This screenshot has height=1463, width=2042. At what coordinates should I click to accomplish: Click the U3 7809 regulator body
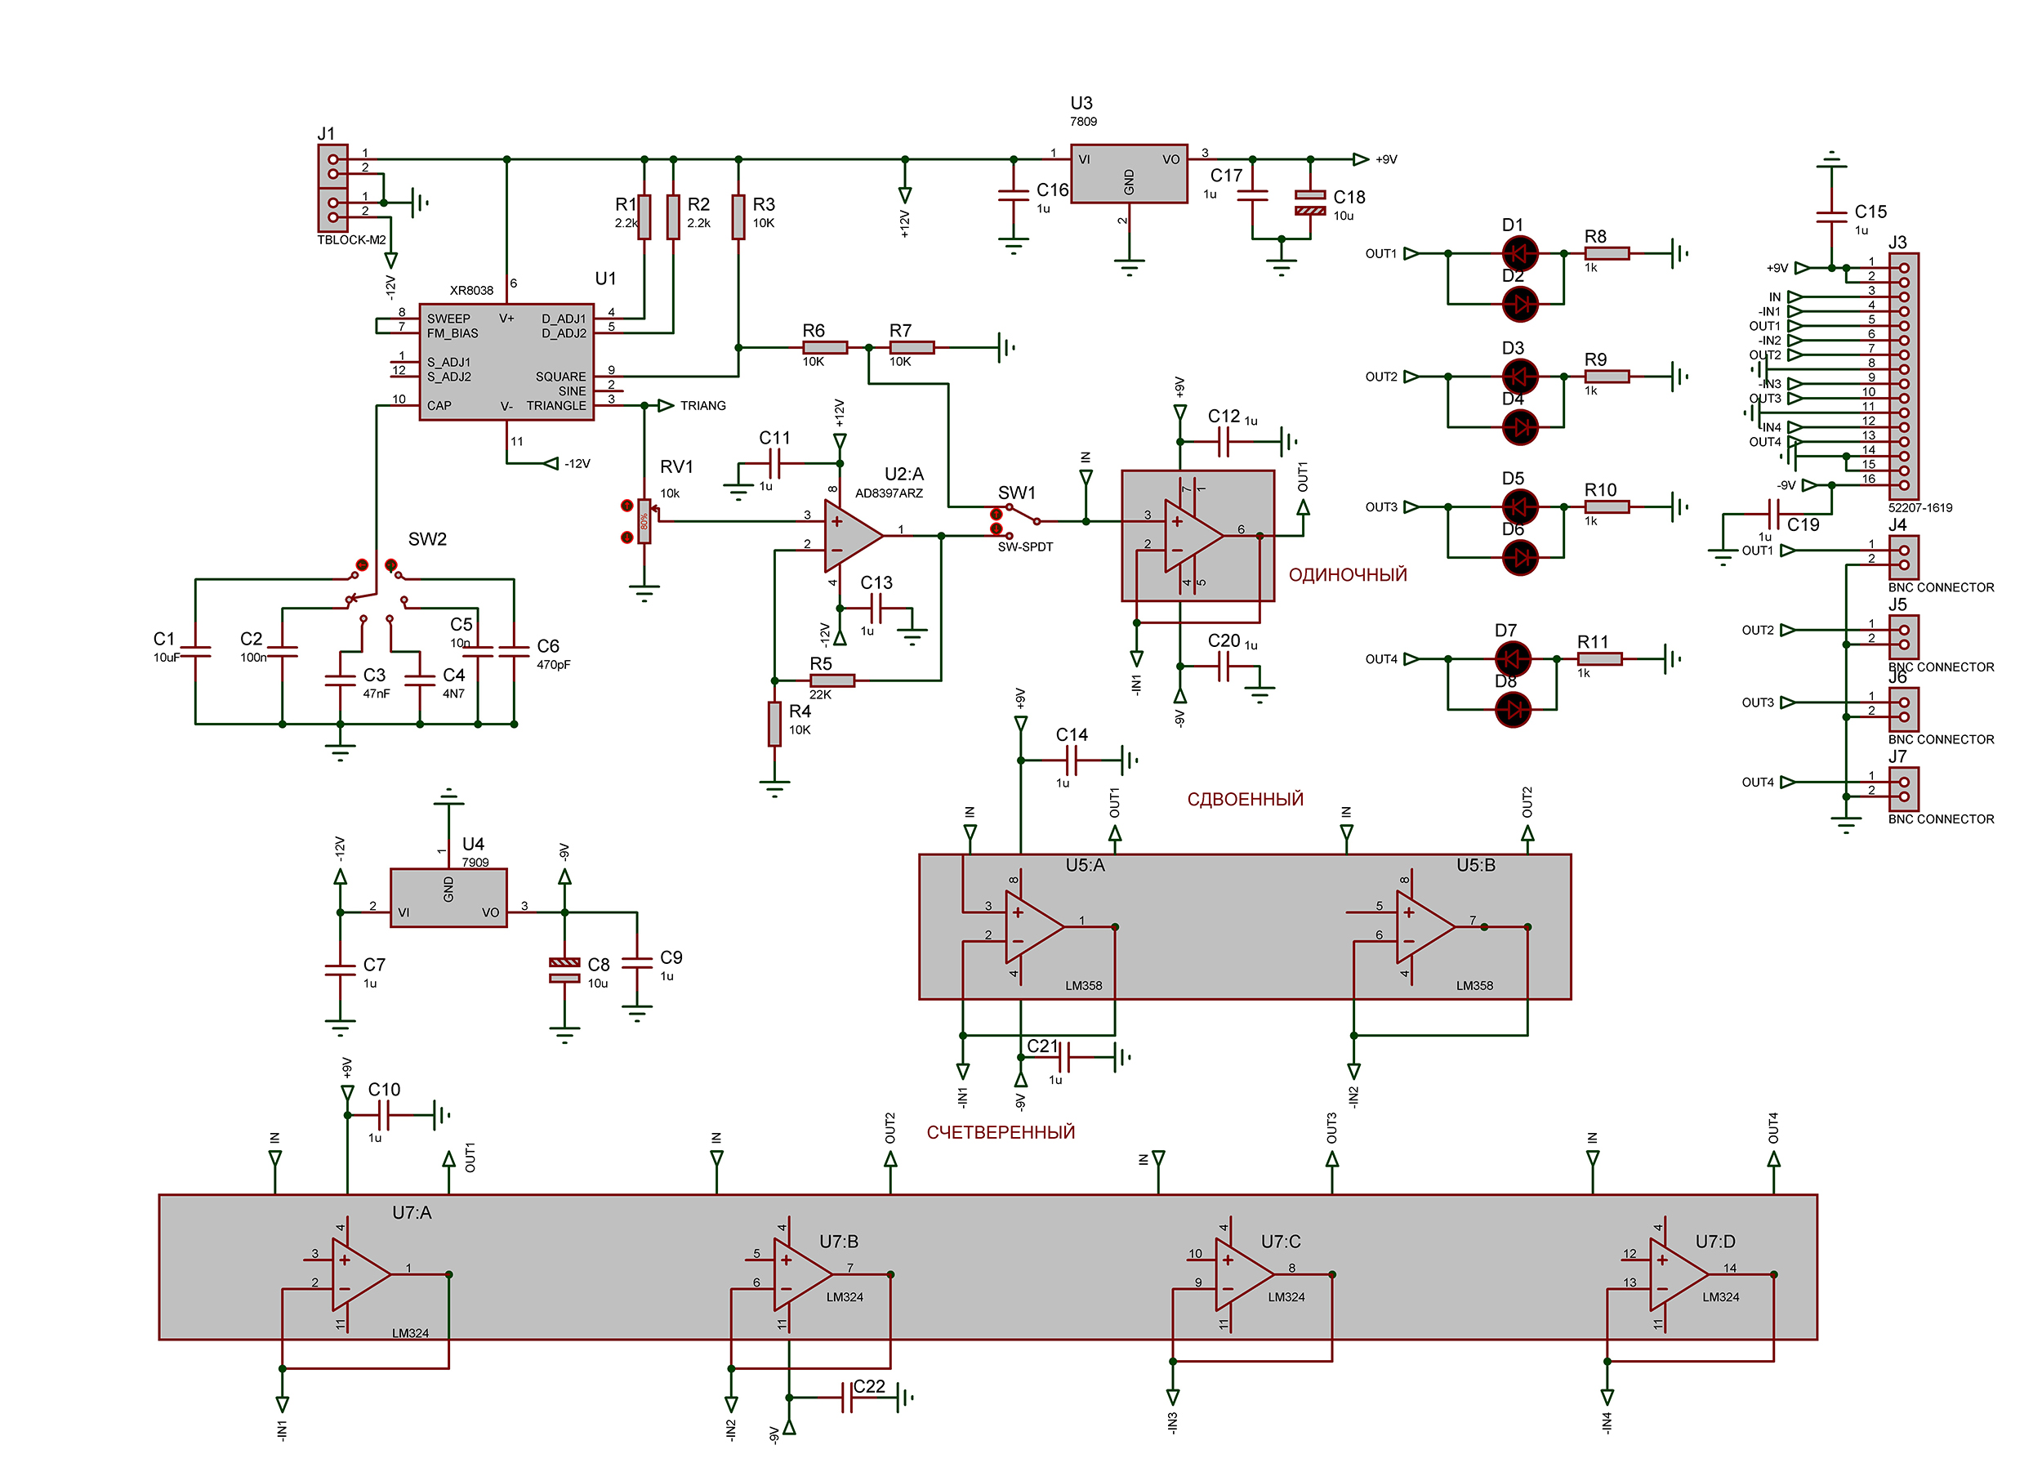pyautogui.click(x=1128, y=174)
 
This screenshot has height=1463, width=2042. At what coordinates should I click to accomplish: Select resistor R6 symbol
pyautogui.click(x=825, y=347)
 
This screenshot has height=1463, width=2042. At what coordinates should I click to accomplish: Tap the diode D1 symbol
pyautogui.click(x=1521, y=254)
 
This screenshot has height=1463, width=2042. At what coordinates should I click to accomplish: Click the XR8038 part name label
pyautogui.click(x=472, y=291)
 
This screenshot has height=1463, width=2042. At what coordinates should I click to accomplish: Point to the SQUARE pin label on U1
pyautogui.click(x=560, y=377)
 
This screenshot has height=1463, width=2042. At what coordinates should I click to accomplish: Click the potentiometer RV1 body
pyautogui.click(x=644, y=521)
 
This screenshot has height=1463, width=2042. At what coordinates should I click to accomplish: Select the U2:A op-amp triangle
pyautogui.click(x=853, y=536)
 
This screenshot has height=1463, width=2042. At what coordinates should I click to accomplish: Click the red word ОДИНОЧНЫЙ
pyautogui.click(x=1347, y=575)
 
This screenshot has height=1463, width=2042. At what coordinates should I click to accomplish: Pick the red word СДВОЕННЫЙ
pyautogui.click(x=1244, y=800)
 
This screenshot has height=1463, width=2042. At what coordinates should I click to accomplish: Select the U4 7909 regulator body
pyautogui.click(x=448, y=898)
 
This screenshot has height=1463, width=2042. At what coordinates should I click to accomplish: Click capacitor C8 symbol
pyautogui.click(x=564, y=970)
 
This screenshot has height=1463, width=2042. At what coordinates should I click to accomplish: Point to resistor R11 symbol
pyautogui.click(x=1600, y=659)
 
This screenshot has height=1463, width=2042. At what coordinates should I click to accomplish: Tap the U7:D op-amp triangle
pyautogui.click(x=1679, y=1275)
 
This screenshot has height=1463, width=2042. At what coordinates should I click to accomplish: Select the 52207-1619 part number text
pyautogui.click(x=1919, y=508)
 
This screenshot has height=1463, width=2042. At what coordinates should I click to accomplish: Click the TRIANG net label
pyautogui.click(x=702, y=406)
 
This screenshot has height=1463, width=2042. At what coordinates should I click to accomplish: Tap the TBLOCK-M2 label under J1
pyautogui.click(x=351, y=240)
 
